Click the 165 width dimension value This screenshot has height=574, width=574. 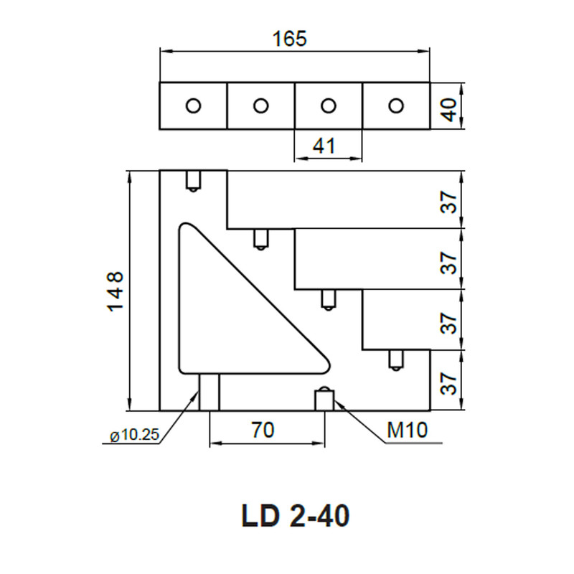point(290,39)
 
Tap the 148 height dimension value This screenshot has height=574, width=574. point(116,291)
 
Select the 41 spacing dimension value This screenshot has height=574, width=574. point(324,146)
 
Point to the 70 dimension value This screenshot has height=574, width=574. point(263,430)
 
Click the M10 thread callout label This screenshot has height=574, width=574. point(407,430)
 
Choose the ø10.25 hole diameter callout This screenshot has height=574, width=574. point(134,435)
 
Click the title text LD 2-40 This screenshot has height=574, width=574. point(296,515)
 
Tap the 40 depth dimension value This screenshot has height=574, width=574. point(449,109)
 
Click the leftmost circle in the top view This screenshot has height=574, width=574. point(193,105)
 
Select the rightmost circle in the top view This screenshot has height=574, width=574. point(396,105)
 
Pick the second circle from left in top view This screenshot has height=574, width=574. point(260,105)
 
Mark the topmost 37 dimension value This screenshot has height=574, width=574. point(449,202)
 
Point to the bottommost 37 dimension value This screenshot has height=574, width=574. point(449,383)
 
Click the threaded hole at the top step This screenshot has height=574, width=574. point(193,181)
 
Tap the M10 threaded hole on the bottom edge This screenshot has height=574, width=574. point(324,398)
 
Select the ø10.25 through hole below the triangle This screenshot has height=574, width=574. point(209,392)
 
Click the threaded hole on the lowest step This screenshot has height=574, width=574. point(395,360)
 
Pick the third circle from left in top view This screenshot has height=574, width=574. point(329,105)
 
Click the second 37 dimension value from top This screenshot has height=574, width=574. point(449,263)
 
